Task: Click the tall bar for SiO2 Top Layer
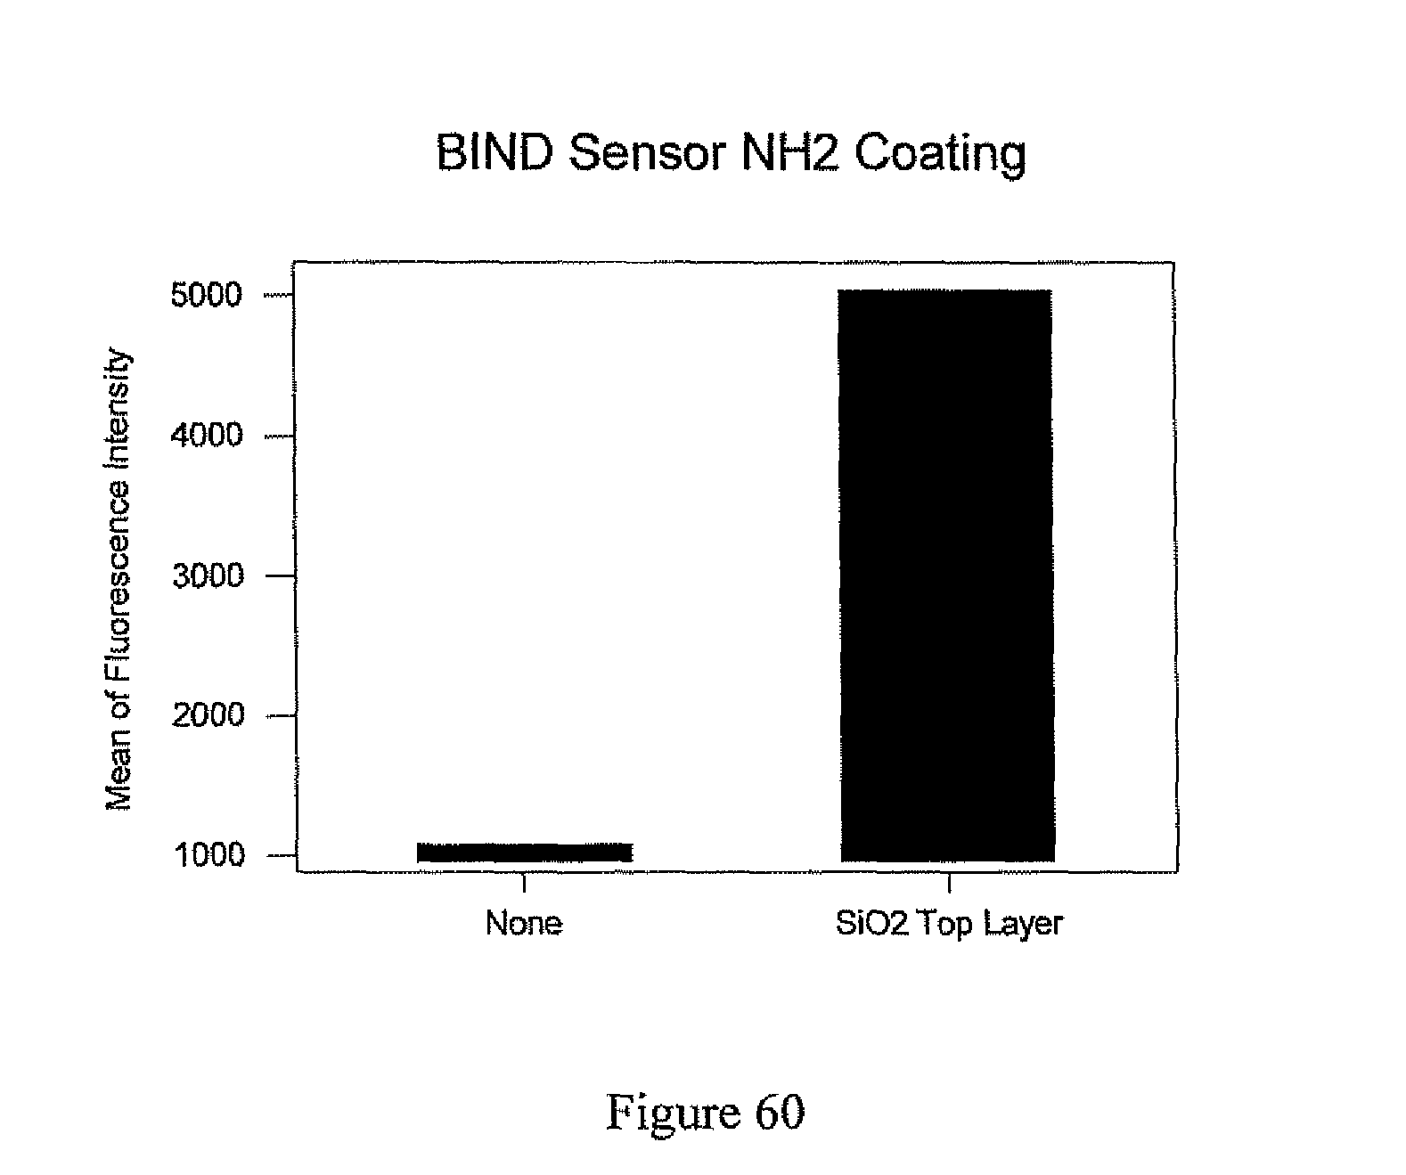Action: [x=947, y=575]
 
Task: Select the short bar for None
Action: [x=525, y=853]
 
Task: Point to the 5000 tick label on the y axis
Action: [x=206, y=295]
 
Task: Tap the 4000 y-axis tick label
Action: [x=206, y=436]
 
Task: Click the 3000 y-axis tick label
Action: [x=206, y=575]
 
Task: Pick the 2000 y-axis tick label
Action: [x=206, y=715]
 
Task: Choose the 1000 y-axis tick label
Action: [x=206, y=855]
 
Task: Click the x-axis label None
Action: [x=524, y=923]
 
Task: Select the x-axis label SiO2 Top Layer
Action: [x=949, y=923]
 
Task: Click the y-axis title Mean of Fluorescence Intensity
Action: [x=119, y=581]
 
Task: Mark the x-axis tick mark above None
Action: [x=525, y=881]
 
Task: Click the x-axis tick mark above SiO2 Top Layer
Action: [x=949, y=881]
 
